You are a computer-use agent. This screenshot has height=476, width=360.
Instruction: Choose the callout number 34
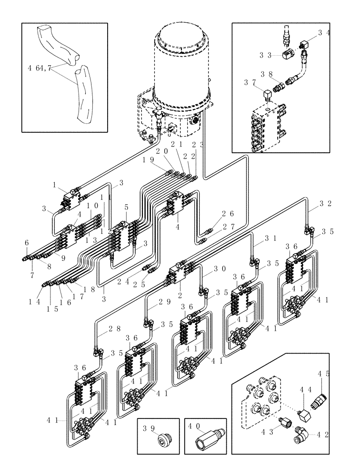pyautogui.click(x=324, y=33)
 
